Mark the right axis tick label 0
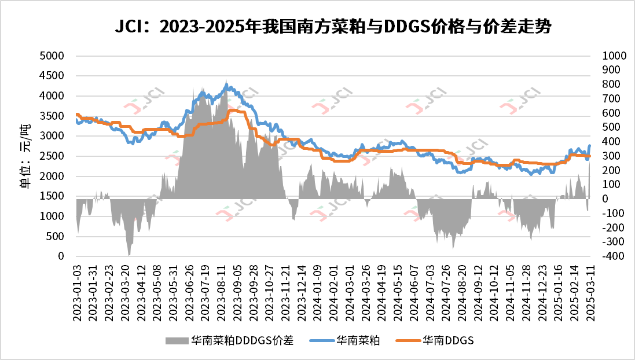605,199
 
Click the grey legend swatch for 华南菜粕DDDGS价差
177,340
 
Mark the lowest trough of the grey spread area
129,255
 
